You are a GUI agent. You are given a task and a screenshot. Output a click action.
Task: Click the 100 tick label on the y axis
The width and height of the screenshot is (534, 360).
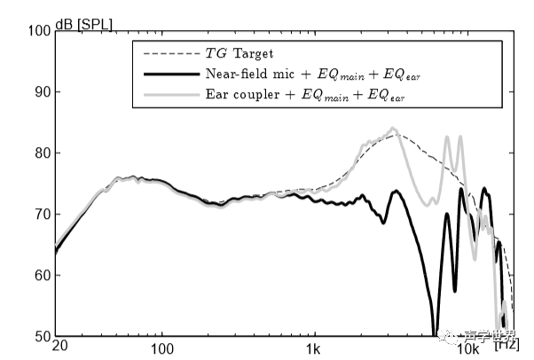pyautogui.click(x=37, y=31)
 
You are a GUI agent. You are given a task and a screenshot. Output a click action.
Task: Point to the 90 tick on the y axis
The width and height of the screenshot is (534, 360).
pyautogui.click(x=40, y=92)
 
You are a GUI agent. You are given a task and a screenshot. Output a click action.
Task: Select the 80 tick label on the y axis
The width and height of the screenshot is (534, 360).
pyautogui.click(x=40, y=153)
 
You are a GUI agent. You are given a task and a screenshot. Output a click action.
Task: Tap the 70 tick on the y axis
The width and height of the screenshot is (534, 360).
pyautogui.click(x=40, y=215)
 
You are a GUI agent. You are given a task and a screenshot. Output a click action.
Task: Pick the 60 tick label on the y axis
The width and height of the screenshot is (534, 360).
pyautogui.click(x=40, y=276)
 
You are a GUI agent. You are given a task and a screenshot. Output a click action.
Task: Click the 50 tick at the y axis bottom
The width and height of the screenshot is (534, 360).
pyautogui.click(x=40, y=337)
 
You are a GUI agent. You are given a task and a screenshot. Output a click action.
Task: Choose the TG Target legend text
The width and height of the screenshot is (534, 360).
pyautogui.click(x=239, y=54)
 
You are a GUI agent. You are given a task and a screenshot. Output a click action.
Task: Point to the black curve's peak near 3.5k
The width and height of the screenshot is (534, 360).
pyautogui.click(x=397, y=191)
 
